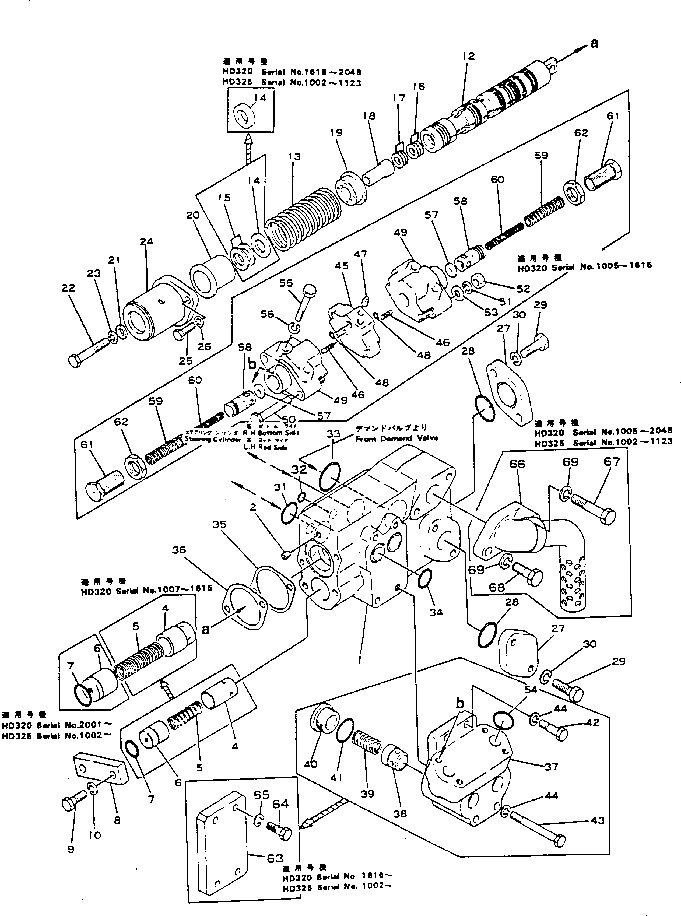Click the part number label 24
tap(146, 241)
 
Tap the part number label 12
tap(469, 56)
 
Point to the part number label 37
tap(551, 767)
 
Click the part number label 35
tap(219, 524)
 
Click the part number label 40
tap(310, 764)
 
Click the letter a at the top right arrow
tap(594, 43)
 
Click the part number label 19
tap(336, 133)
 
